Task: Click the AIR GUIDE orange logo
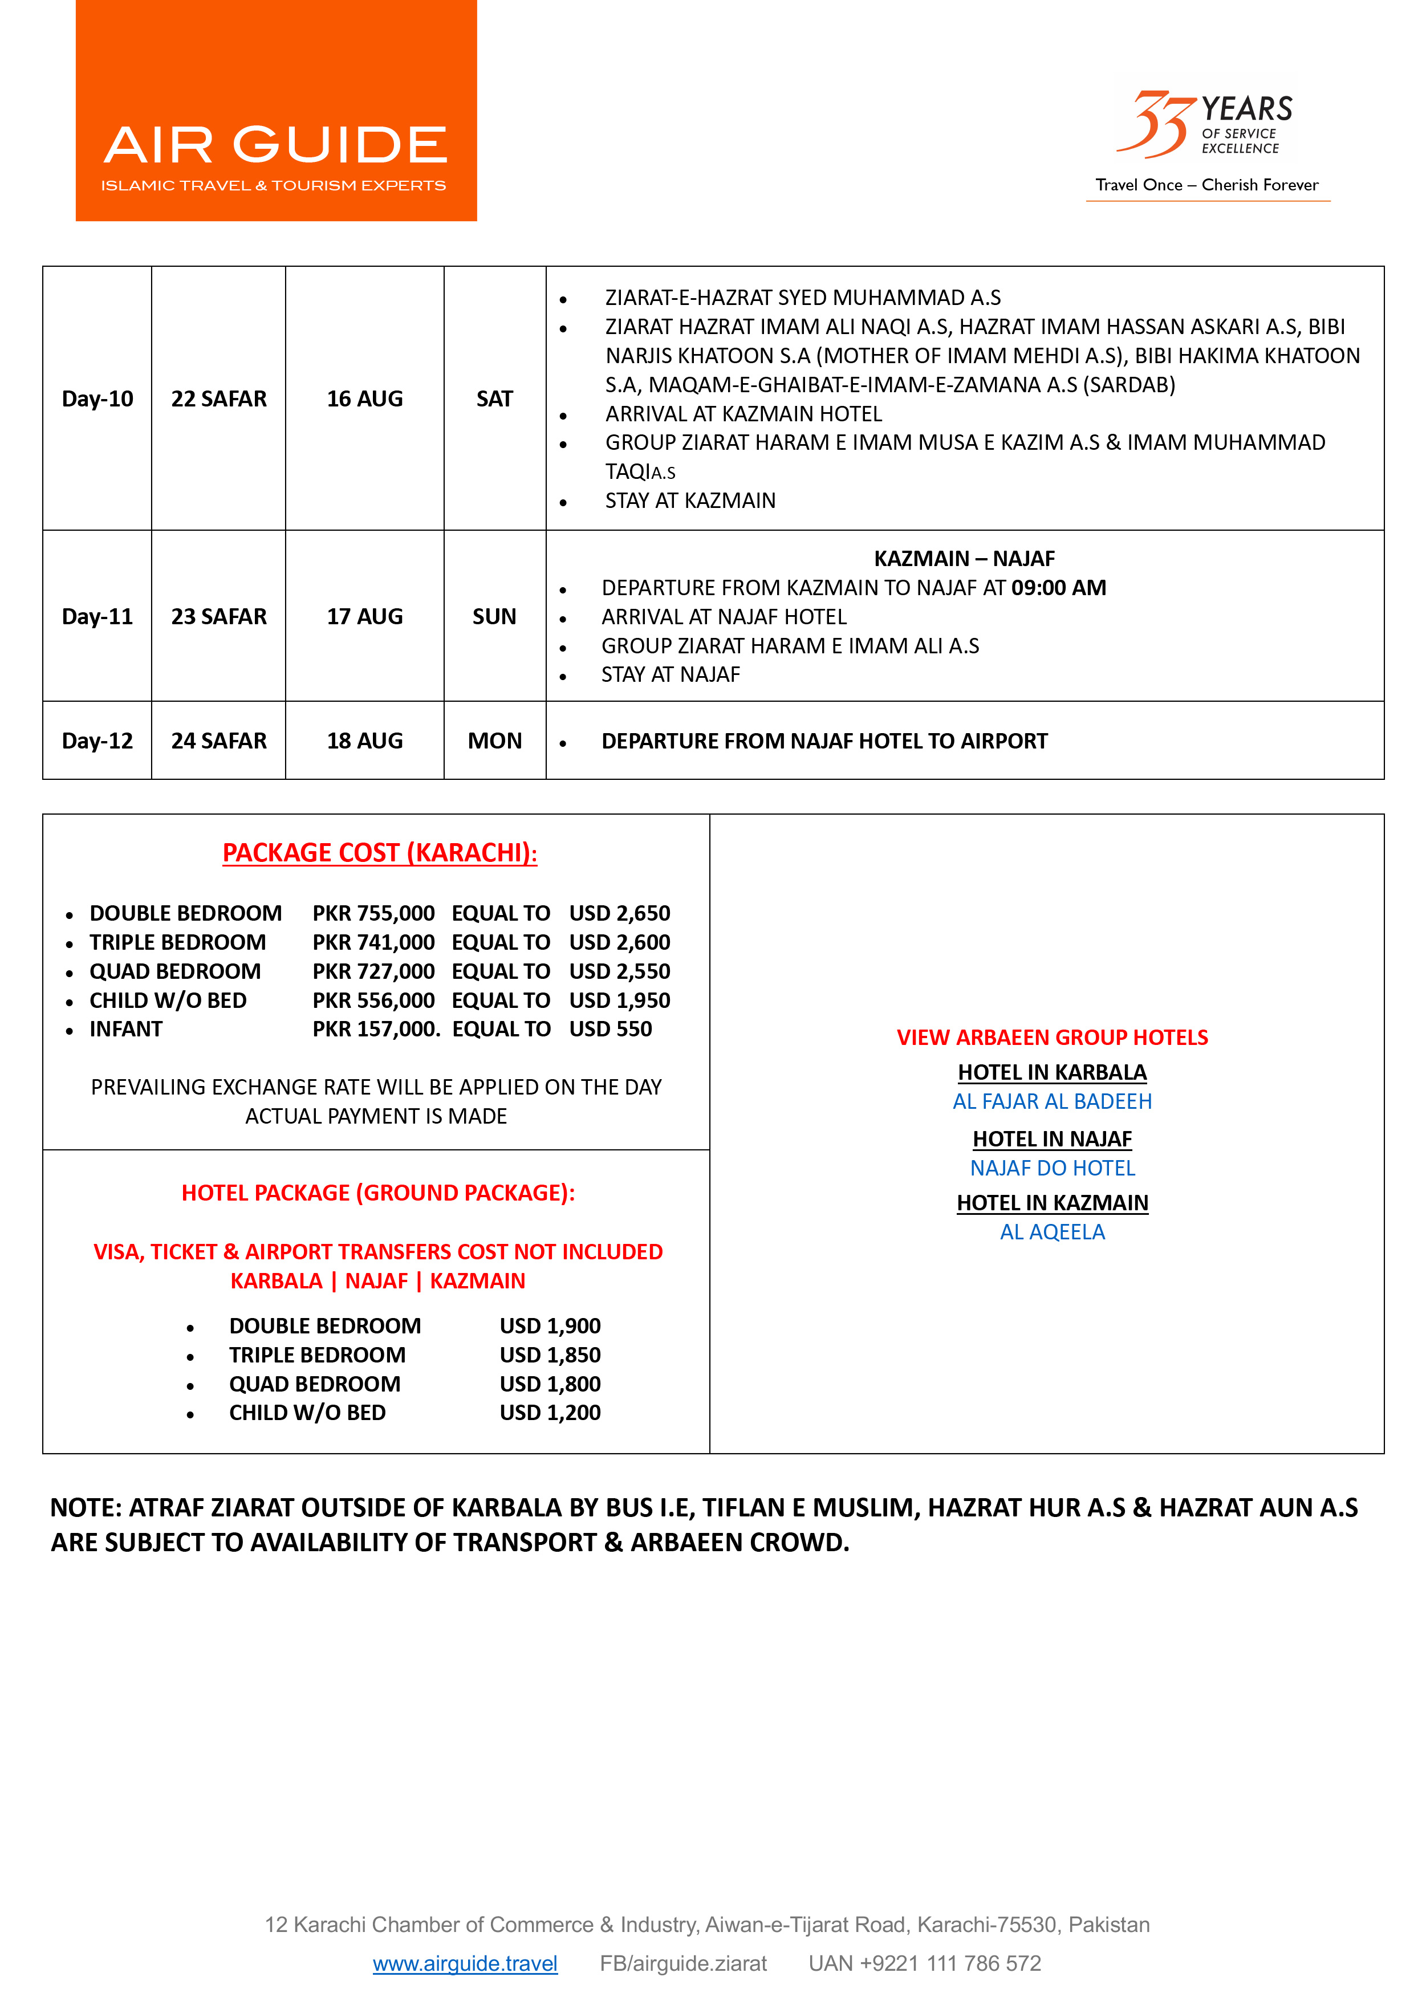[276, 111]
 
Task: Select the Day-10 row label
[97, 398]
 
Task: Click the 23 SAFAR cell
[218, 616]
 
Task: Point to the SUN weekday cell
[494, 616]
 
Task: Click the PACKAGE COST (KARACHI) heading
[380, 852]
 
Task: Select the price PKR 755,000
[373, 913]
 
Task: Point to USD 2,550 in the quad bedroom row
[619, 971]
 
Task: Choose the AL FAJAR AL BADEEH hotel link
[1052, 1101]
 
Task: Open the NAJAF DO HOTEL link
[1052, 1168]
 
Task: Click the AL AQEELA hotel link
[1052, 1231]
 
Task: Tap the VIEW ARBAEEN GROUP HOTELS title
[1052, 1038]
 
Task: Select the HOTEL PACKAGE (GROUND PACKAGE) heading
[378, 1192]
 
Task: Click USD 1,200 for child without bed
[550, 1413]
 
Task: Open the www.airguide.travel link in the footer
[465, 1963]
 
